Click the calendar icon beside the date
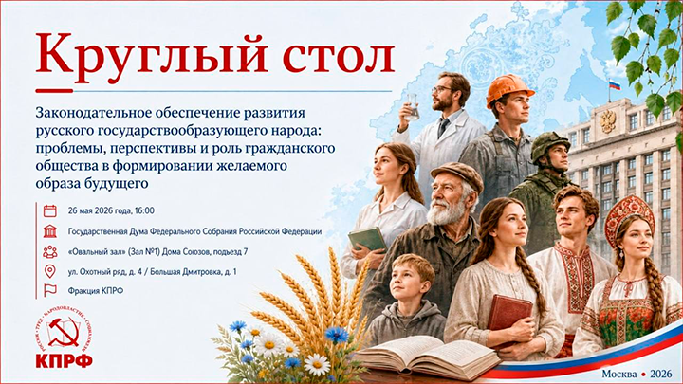point(50,210)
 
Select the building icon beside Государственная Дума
point(50,231)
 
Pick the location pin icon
point(50,271)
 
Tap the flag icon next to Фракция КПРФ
point(50,290)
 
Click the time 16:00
point(144,210)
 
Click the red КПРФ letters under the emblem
point(65,361)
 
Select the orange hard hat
point(509,89)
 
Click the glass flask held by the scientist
point(411,107)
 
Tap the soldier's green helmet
point(550,145)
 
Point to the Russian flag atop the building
point(615,84)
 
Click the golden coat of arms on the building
point(608,120)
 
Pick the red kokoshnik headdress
point(630,216)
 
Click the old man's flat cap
point(456,175)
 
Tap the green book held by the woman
point(367,240)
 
